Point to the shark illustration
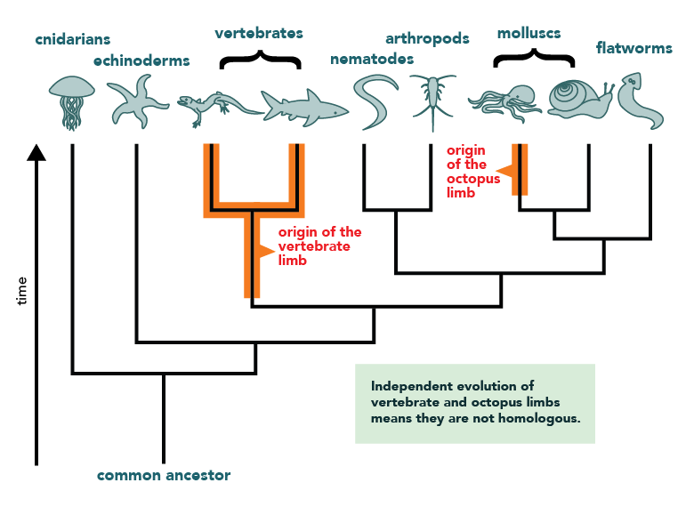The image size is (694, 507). (x=303, y=108)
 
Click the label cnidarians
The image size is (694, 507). (x=73, y=40)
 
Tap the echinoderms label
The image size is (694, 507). (x=141, y=60)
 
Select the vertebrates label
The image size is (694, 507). (x=259, y=33)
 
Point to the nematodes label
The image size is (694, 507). (x=372, y=59)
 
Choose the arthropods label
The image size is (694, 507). (x=427, y=38)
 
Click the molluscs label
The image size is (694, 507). (x=529, y=34)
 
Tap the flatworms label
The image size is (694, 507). (x=634, y=48)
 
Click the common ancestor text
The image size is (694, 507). (x=164, y=475)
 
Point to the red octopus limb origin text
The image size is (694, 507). (x=466, y=171)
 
